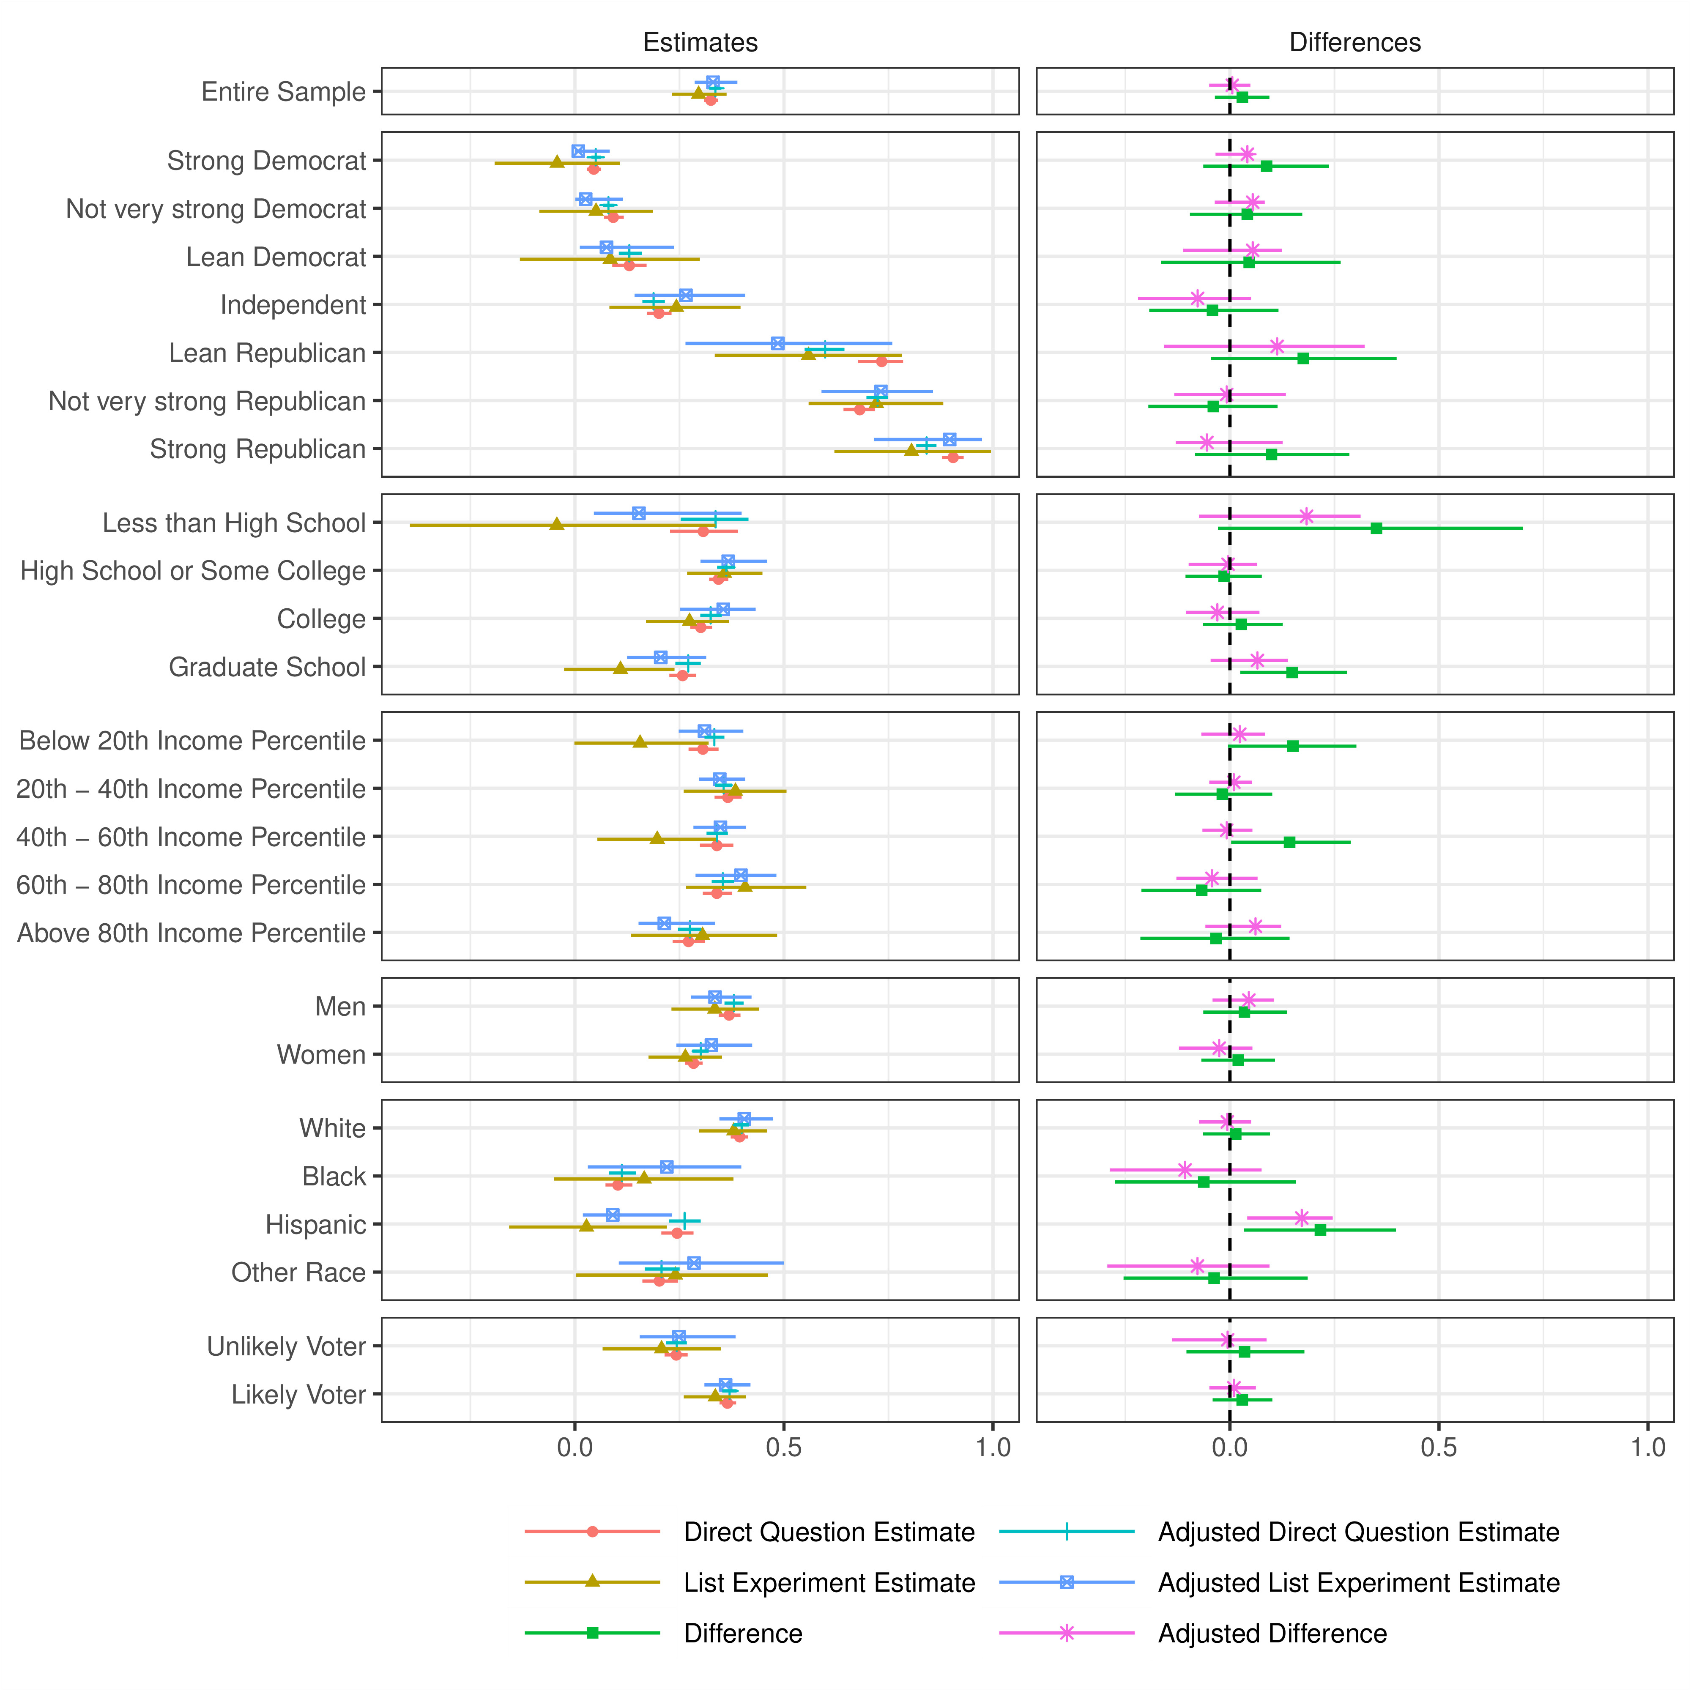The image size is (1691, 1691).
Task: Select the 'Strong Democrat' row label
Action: tap(266, 161)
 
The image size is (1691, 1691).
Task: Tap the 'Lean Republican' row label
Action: tap(267, 353)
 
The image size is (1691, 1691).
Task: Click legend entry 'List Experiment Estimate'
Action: tap(829, 1582)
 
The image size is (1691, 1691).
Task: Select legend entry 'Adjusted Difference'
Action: tap(1272, 1633)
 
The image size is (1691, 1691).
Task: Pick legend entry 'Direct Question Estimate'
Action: tap(829, 1532)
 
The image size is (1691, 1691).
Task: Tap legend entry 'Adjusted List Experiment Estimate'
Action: tap(1358, 1582)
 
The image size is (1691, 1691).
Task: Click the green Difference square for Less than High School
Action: tap(1376, 528)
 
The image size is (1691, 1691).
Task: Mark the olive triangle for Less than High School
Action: tap(557, 523)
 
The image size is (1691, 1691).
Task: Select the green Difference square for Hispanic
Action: tap(1320, 1230)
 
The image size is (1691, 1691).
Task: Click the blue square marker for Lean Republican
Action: tap(777, 343)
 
